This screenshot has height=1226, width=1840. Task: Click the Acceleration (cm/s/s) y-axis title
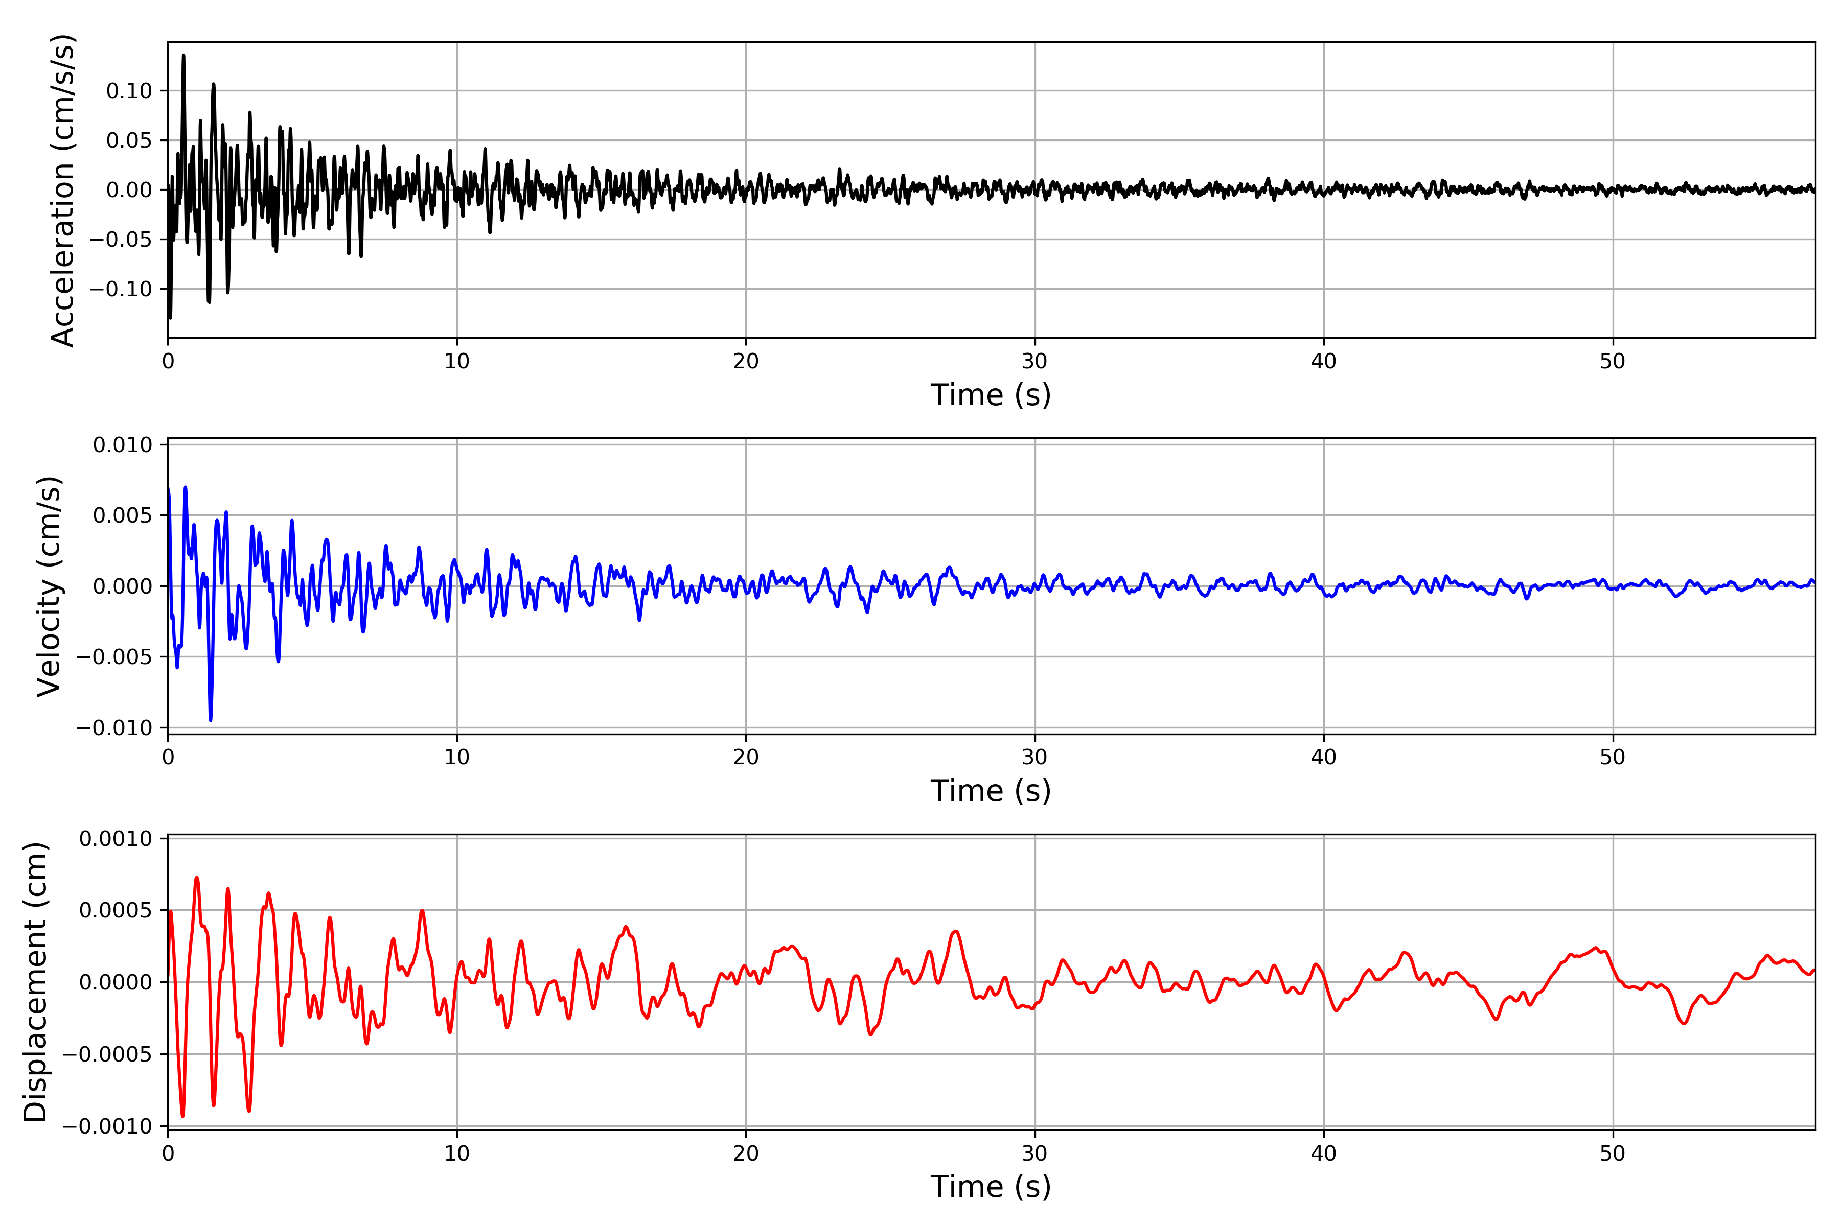click(62, 190)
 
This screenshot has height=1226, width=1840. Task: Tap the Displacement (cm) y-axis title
click(35, 981)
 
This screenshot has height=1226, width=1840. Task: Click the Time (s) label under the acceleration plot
click(991, 395)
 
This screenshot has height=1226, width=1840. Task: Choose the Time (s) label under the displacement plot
click(991, 1186)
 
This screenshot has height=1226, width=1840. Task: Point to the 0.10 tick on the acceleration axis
click(129, 91)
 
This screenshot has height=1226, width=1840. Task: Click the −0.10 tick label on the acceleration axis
click(121, 289)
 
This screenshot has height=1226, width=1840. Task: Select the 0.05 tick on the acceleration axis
click(129, 141)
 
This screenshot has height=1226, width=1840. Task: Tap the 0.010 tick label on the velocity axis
click(123, 445)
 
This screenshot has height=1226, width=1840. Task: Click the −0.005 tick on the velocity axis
click(114, 657)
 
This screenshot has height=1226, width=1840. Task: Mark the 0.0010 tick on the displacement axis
click(116, 839)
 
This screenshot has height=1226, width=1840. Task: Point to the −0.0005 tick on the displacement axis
click(107, 1054)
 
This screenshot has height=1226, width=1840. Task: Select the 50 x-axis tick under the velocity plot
click(1613, 757)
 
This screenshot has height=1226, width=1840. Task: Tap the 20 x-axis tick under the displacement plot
click(746, 1153)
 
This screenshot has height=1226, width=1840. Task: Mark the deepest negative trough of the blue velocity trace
click(211, 719)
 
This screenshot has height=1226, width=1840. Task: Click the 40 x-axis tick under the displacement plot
click(1324, 1153)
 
